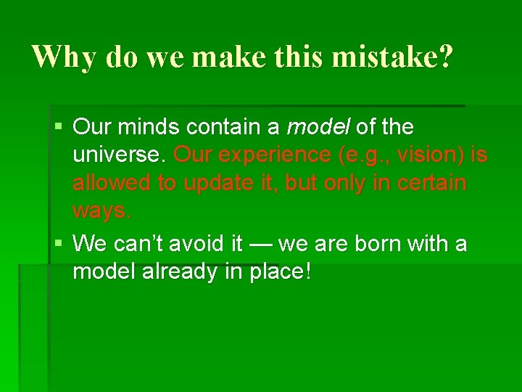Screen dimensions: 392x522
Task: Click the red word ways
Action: [x=102, y=211]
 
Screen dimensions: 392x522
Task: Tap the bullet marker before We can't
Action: [x=59, y=243]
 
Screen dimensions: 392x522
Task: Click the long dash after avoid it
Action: [x=259, y=243]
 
